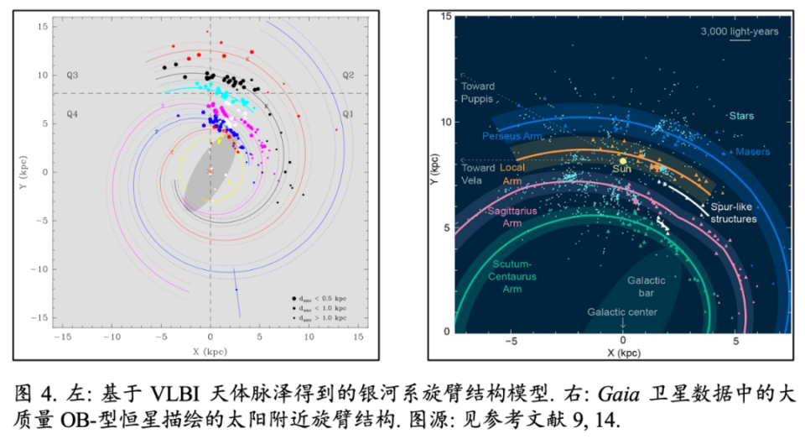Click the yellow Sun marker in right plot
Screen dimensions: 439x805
(x=623, y=159)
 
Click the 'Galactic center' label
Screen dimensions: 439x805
(x=622, y=312)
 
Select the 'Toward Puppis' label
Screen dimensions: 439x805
(x=478, y=91)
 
